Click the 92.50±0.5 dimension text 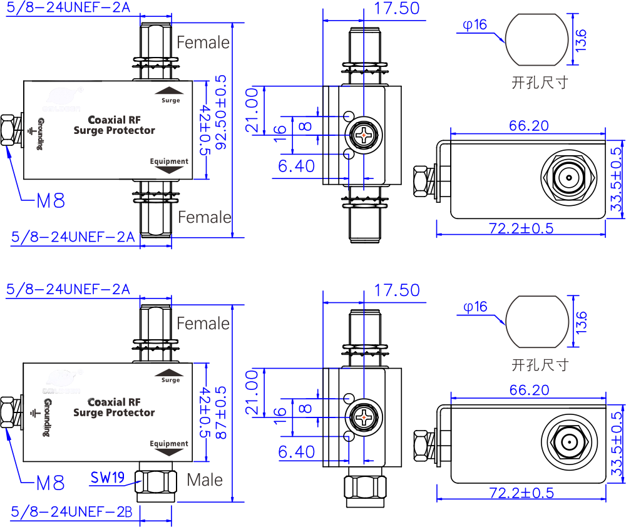pyautogui.click(x=221, y=113)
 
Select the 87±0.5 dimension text pyautogui.click(x=221, y=412)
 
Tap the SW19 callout pyautogui.click(x=107, y=478)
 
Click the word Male pyautogui.click(x=205, y=480)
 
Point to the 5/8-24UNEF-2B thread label pyautogui.click(x=71, y=511)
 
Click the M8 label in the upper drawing pyautogui.click(x=51, y=201)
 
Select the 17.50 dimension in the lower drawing pyautogui.click(x=396, y=290)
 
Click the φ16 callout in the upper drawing pyautogui.click(x=475, y=25)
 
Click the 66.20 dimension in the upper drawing pyautogui.click(x=529, y=126)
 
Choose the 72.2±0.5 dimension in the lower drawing pyautogui.click(x=521, y=493)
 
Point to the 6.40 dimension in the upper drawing pyautogui.click(x=297, y=166)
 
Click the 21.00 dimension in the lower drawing pyautogui.click(x=251, y=392)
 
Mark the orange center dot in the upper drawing pyautogui.click(x=364, y=135)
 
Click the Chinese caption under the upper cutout pyautogui.click(x=540, y=82)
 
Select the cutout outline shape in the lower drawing pyautogui.click(x=538, y=322)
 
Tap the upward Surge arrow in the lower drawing pyautogui.click(x=170, y=373)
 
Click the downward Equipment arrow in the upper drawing pyautogui.click(x=169, y=169)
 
